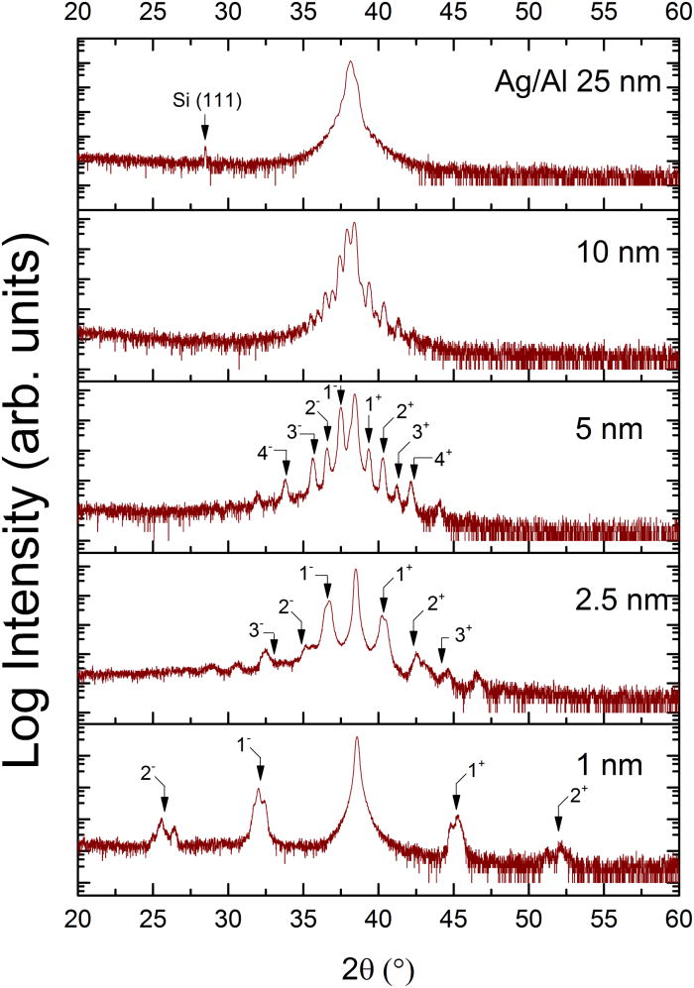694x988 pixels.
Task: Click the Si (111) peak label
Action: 204,101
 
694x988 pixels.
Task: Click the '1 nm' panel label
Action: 631,764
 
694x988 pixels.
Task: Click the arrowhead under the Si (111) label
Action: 204,132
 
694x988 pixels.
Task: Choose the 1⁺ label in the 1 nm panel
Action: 466,766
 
